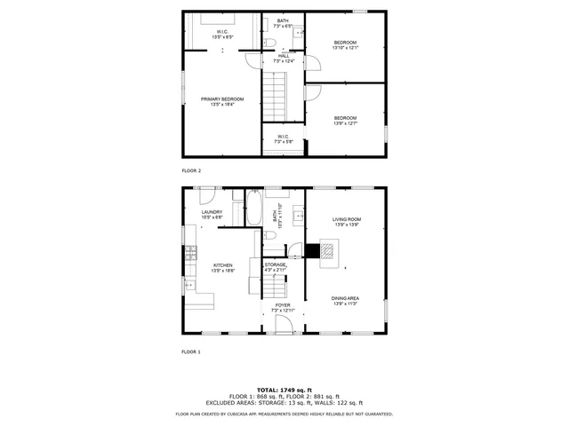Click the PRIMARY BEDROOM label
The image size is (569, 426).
pos(221,101)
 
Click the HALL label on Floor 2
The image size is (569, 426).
pos(283,59)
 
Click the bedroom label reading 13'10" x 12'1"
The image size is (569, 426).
pos(345,45)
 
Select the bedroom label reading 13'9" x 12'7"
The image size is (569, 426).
pos(345,121)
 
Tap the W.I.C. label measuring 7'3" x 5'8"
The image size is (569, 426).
pos(283,139)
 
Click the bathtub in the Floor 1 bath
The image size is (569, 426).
pos(254,210)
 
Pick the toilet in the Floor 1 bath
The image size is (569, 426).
pos(268,236)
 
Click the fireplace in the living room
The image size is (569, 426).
pos(326,253)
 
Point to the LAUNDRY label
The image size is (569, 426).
pos(212,215)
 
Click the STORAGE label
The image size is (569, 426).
pos(276,266)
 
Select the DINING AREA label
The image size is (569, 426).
pos(345,301)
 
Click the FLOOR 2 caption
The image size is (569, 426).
pos(191,170)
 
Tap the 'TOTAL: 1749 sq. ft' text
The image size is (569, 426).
pos(284,390)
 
